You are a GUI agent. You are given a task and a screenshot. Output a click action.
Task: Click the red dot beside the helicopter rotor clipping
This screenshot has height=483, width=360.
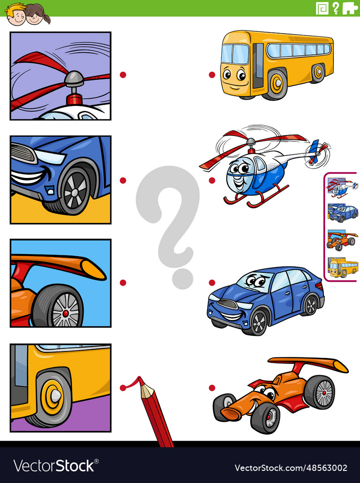click(x=123, y=75)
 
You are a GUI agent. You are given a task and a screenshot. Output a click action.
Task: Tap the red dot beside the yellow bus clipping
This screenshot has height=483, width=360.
click(x=123, y=388)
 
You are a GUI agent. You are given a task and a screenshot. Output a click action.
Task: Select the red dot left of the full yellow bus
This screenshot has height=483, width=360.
click(x=212, y=75)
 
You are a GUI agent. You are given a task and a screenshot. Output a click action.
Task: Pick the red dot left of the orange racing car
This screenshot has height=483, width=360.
click(x=212, y=388)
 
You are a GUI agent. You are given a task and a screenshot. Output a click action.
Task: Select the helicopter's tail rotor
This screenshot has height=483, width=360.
click(x=318, y=152)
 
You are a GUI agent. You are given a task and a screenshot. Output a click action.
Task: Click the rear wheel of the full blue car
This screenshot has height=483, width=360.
click(x=309, y=305)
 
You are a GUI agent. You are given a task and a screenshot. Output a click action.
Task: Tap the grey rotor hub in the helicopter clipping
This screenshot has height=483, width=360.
click(x=74, y=80)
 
